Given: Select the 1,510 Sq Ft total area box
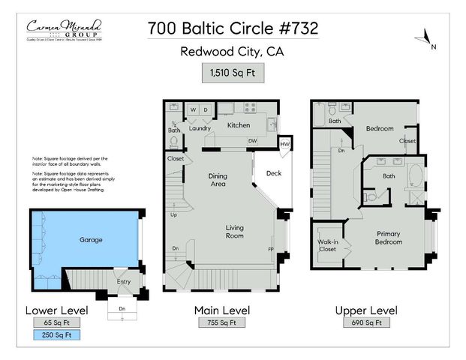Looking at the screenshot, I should click(x=233, y=73).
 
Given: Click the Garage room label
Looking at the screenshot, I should click(x=91, y=241).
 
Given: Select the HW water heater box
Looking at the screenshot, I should click(x=285, y=145).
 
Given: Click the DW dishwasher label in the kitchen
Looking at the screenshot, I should click(x=253, y=140).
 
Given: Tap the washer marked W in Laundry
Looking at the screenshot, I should click(x=193, y=110).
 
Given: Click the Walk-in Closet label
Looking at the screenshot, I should click(x=328, y=244).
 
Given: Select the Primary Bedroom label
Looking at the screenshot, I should click(x=389, y=238).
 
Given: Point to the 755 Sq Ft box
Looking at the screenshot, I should click(x=221, y=323).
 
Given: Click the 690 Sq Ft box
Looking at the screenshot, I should click(x=368, y=323).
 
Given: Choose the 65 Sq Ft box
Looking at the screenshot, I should click(x=57, y=323).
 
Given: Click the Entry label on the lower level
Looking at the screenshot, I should click(x=122, y=281).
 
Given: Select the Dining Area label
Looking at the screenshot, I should click(x=218, y=180).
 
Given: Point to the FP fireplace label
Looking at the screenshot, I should click(x=271, y=248).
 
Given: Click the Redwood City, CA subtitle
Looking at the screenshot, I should click(x=233, y=52).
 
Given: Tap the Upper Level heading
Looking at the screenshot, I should click(x=368, y=310).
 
